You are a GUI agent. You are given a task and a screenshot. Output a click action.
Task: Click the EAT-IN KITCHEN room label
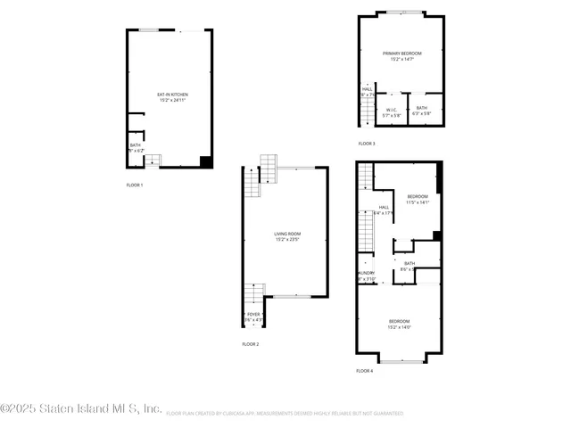(172, 97)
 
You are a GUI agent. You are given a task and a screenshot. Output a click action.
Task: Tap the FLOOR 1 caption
(135, 185)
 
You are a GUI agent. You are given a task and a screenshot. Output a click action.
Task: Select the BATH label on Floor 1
(135, 148)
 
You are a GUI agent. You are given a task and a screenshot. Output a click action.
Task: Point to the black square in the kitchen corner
(206, 161)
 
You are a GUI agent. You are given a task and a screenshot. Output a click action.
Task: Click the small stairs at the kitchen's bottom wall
(153, 160)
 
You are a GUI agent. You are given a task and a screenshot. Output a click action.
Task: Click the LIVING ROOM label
(286, 236)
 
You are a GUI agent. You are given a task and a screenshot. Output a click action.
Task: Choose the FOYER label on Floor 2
(253, 317)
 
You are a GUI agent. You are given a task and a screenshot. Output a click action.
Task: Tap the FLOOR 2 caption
(251, 344)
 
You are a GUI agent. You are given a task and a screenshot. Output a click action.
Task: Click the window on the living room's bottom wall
(291, 296)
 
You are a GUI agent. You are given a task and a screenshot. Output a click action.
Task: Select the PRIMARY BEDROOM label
(401, 56)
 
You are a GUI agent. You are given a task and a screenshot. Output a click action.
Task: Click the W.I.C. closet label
(392, 111)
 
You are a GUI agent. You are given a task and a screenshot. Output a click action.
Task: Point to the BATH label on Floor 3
(422, 111)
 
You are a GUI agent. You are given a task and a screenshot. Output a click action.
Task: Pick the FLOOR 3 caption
(367, 144)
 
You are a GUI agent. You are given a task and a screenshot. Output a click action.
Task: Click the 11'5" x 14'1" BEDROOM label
(418, 199)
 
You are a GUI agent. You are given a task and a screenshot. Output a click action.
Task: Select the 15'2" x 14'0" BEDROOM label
(399, 323)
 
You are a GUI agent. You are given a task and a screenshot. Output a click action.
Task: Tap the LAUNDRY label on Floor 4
(365, 276)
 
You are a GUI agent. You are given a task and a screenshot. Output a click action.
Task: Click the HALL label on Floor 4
(384, 210)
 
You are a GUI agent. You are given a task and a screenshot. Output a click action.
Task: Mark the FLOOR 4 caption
(364, 370)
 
